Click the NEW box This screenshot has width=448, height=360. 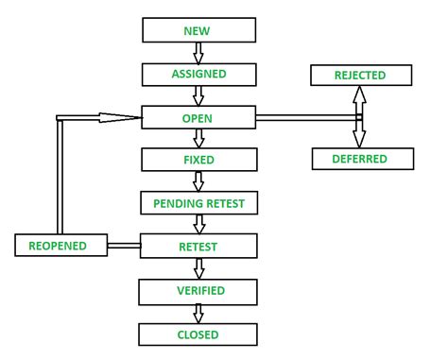point(198,30)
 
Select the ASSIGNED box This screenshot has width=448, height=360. point(198,74)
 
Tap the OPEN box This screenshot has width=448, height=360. point(198,117)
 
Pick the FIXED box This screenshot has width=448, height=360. point(198,160)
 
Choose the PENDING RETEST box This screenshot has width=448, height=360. point(198,203)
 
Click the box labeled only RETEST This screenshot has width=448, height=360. point(198,247)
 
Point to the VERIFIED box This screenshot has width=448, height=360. point(198,290)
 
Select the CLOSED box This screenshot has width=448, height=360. point(198,334)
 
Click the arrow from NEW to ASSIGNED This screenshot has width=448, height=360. point(198,52)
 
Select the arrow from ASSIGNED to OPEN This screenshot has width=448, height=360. point(198,95)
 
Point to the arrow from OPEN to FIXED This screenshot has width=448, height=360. point(198,139)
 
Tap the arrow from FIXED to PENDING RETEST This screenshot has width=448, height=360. point(198,181)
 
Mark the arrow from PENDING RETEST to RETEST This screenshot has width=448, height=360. point(198,225)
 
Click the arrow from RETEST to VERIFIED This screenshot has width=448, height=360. point(198,268)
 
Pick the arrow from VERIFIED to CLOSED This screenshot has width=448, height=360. point(198,312)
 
